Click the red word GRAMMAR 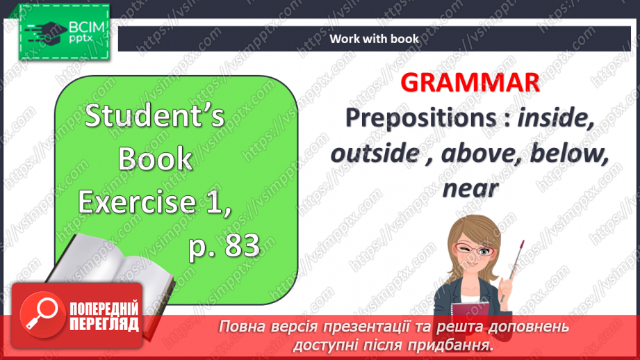[470, 83]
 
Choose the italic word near [470, 188]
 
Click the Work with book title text [374, 39]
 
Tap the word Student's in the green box [155, 116]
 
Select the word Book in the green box [154, 159]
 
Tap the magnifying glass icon [39, 312]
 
